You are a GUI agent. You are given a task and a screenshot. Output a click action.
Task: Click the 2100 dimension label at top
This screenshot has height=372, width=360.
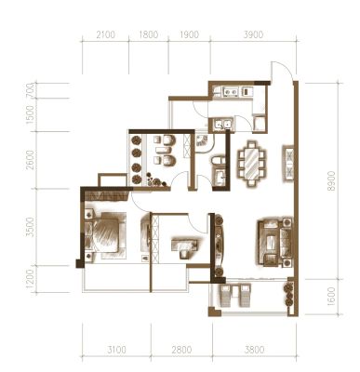click(106, 34)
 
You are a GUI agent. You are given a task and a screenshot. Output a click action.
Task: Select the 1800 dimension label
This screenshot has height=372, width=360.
click(149, 34)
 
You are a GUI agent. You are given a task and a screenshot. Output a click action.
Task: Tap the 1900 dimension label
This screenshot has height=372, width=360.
click(190, 34)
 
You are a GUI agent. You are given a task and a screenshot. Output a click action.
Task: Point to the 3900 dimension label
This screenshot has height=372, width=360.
click(254, 34)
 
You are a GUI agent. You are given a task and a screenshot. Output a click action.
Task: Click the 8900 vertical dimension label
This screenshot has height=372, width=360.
click(331, 181)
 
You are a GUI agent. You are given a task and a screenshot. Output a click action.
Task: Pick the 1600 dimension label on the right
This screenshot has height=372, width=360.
click(331, 297)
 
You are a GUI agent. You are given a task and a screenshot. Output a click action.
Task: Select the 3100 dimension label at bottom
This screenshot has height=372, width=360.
click(117, 350)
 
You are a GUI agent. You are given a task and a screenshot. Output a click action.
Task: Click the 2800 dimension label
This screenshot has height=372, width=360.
click(182, 350)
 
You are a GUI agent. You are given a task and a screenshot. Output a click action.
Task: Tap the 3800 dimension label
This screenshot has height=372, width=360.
click(255, 350)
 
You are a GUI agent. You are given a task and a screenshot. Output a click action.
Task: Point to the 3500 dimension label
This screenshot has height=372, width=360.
click(30, 227)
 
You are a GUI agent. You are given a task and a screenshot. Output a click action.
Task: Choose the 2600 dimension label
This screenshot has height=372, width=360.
click(30, 160)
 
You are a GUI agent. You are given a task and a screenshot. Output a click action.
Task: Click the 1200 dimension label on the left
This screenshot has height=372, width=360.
click(30, 279)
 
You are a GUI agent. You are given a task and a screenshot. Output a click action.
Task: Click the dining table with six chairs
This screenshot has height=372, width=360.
click(252, 164)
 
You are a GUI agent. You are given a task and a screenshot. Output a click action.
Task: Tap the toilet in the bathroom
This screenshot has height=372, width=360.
click(216, 161)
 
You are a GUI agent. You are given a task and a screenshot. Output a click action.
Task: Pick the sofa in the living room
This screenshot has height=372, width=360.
click(274, 243)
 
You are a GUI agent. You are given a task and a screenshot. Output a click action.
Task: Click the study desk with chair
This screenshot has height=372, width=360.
click(185, 246)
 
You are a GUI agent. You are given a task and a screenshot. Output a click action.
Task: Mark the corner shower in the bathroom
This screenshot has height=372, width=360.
click(202, 142)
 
